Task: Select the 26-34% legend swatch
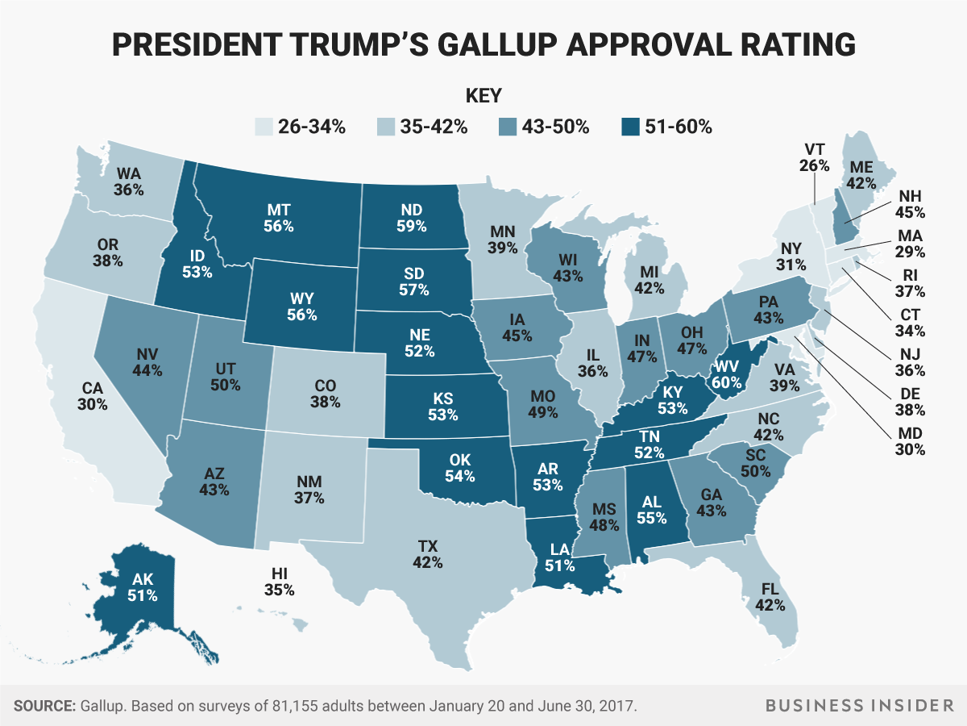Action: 263,127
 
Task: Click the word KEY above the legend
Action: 483,96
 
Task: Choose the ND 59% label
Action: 411,218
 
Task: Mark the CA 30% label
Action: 93,396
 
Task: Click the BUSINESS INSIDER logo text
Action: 856,706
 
